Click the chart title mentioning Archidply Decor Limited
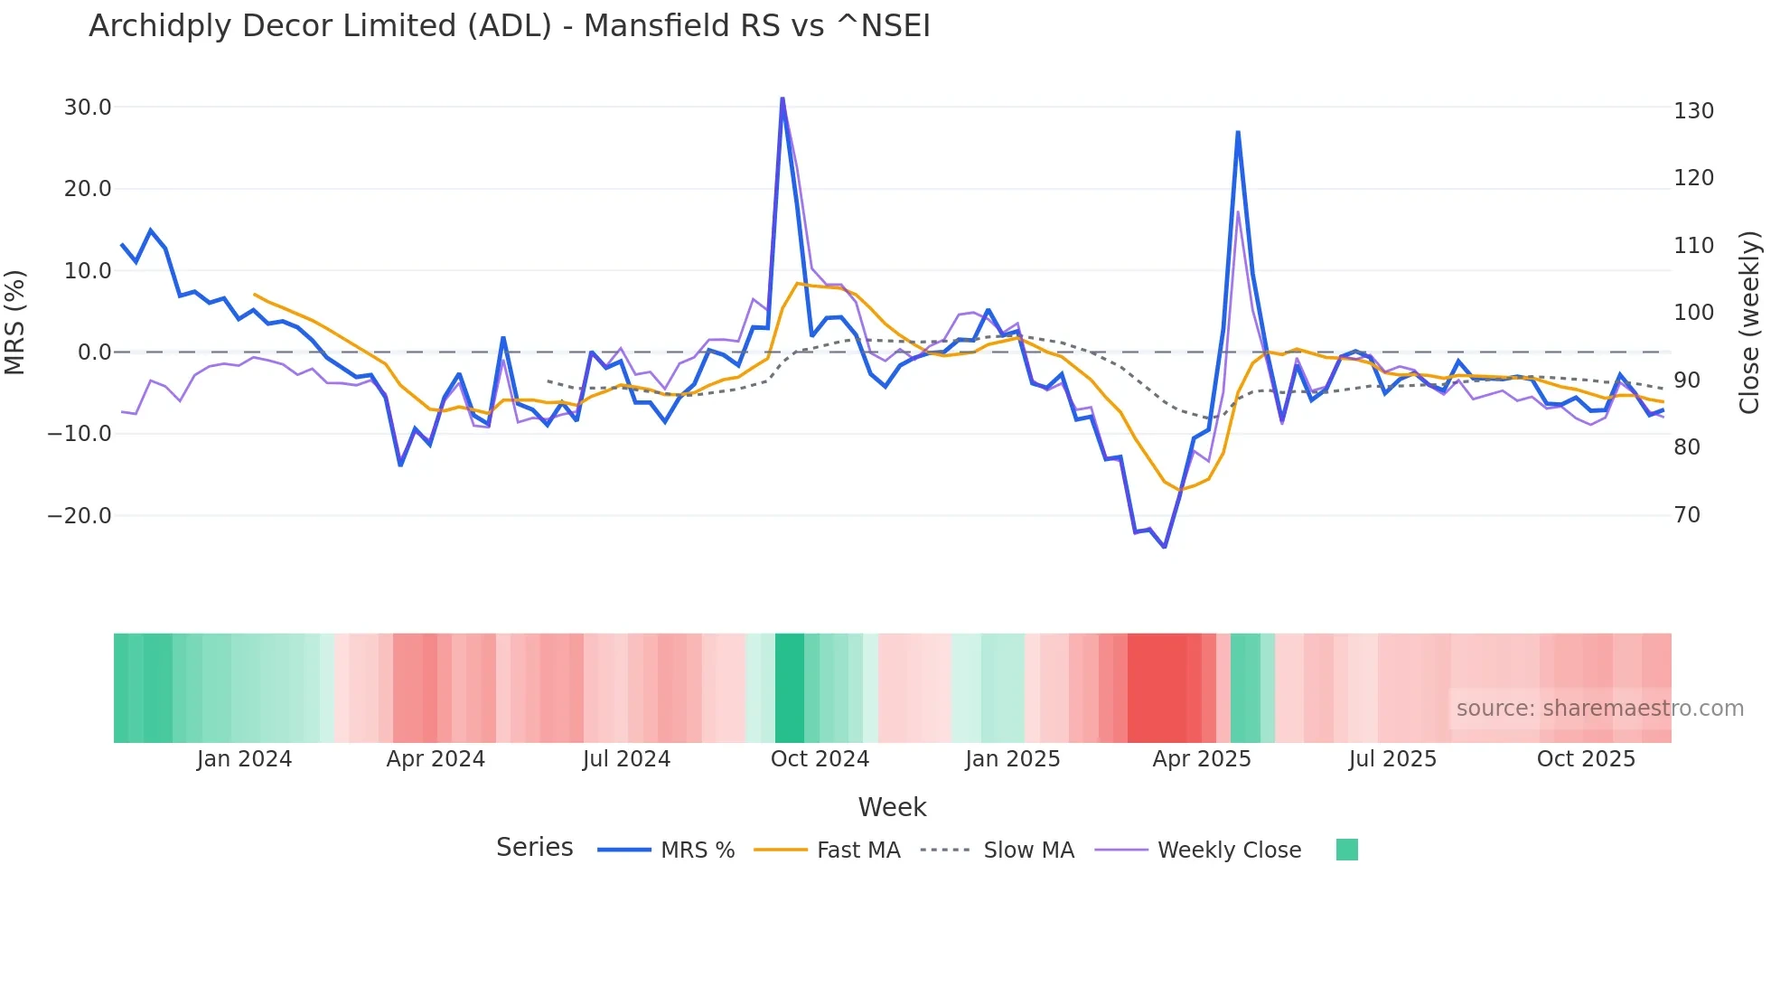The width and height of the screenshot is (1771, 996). click(509, 26)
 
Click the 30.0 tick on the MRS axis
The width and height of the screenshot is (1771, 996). click(88, 108)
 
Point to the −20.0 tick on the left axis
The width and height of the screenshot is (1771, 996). click(80, 516)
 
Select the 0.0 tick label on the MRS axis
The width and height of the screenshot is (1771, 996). click(94, 352)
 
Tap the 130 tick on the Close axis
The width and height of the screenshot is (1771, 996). click(1693, 111)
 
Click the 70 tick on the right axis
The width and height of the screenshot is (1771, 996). click(1687, 515)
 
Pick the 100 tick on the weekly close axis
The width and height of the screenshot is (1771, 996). click(1693, 313)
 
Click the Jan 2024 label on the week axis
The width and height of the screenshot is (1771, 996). click(244, 759)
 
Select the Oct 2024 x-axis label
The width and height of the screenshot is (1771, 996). click(820, 759)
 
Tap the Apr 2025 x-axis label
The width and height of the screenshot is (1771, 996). click(1202, 759)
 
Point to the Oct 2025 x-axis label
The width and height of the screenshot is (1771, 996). click(1586, 759)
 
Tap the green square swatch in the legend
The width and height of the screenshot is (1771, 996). click(1346, 850)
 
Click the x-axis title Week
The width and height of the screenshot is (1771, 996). click(892, 807)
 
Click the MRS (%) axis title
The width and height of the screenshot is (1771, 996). click(14, 322)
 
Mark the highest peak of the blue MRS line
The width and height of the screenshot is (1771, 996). click(782, 99)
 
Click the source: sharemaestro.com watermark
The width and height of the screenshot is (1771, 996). click(1599, 709)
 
